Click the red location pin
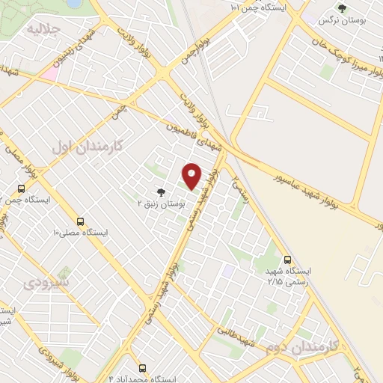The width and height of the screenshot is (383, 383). click(x=191, y=176)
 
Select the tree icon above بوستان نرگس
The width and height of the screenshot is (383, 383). click(x=342, y=9)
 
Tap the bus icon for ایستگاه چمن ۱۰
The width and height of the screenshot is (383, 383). click(x=22, y=189)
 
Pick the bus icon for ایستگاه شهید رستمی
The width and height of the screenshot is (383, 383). click(x=288, y=259)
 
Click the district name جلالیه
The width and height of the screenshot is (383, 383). click(x=42, y=30)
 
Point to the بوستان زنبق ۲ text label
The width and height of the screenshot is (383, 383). click(x=159, y=203)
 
